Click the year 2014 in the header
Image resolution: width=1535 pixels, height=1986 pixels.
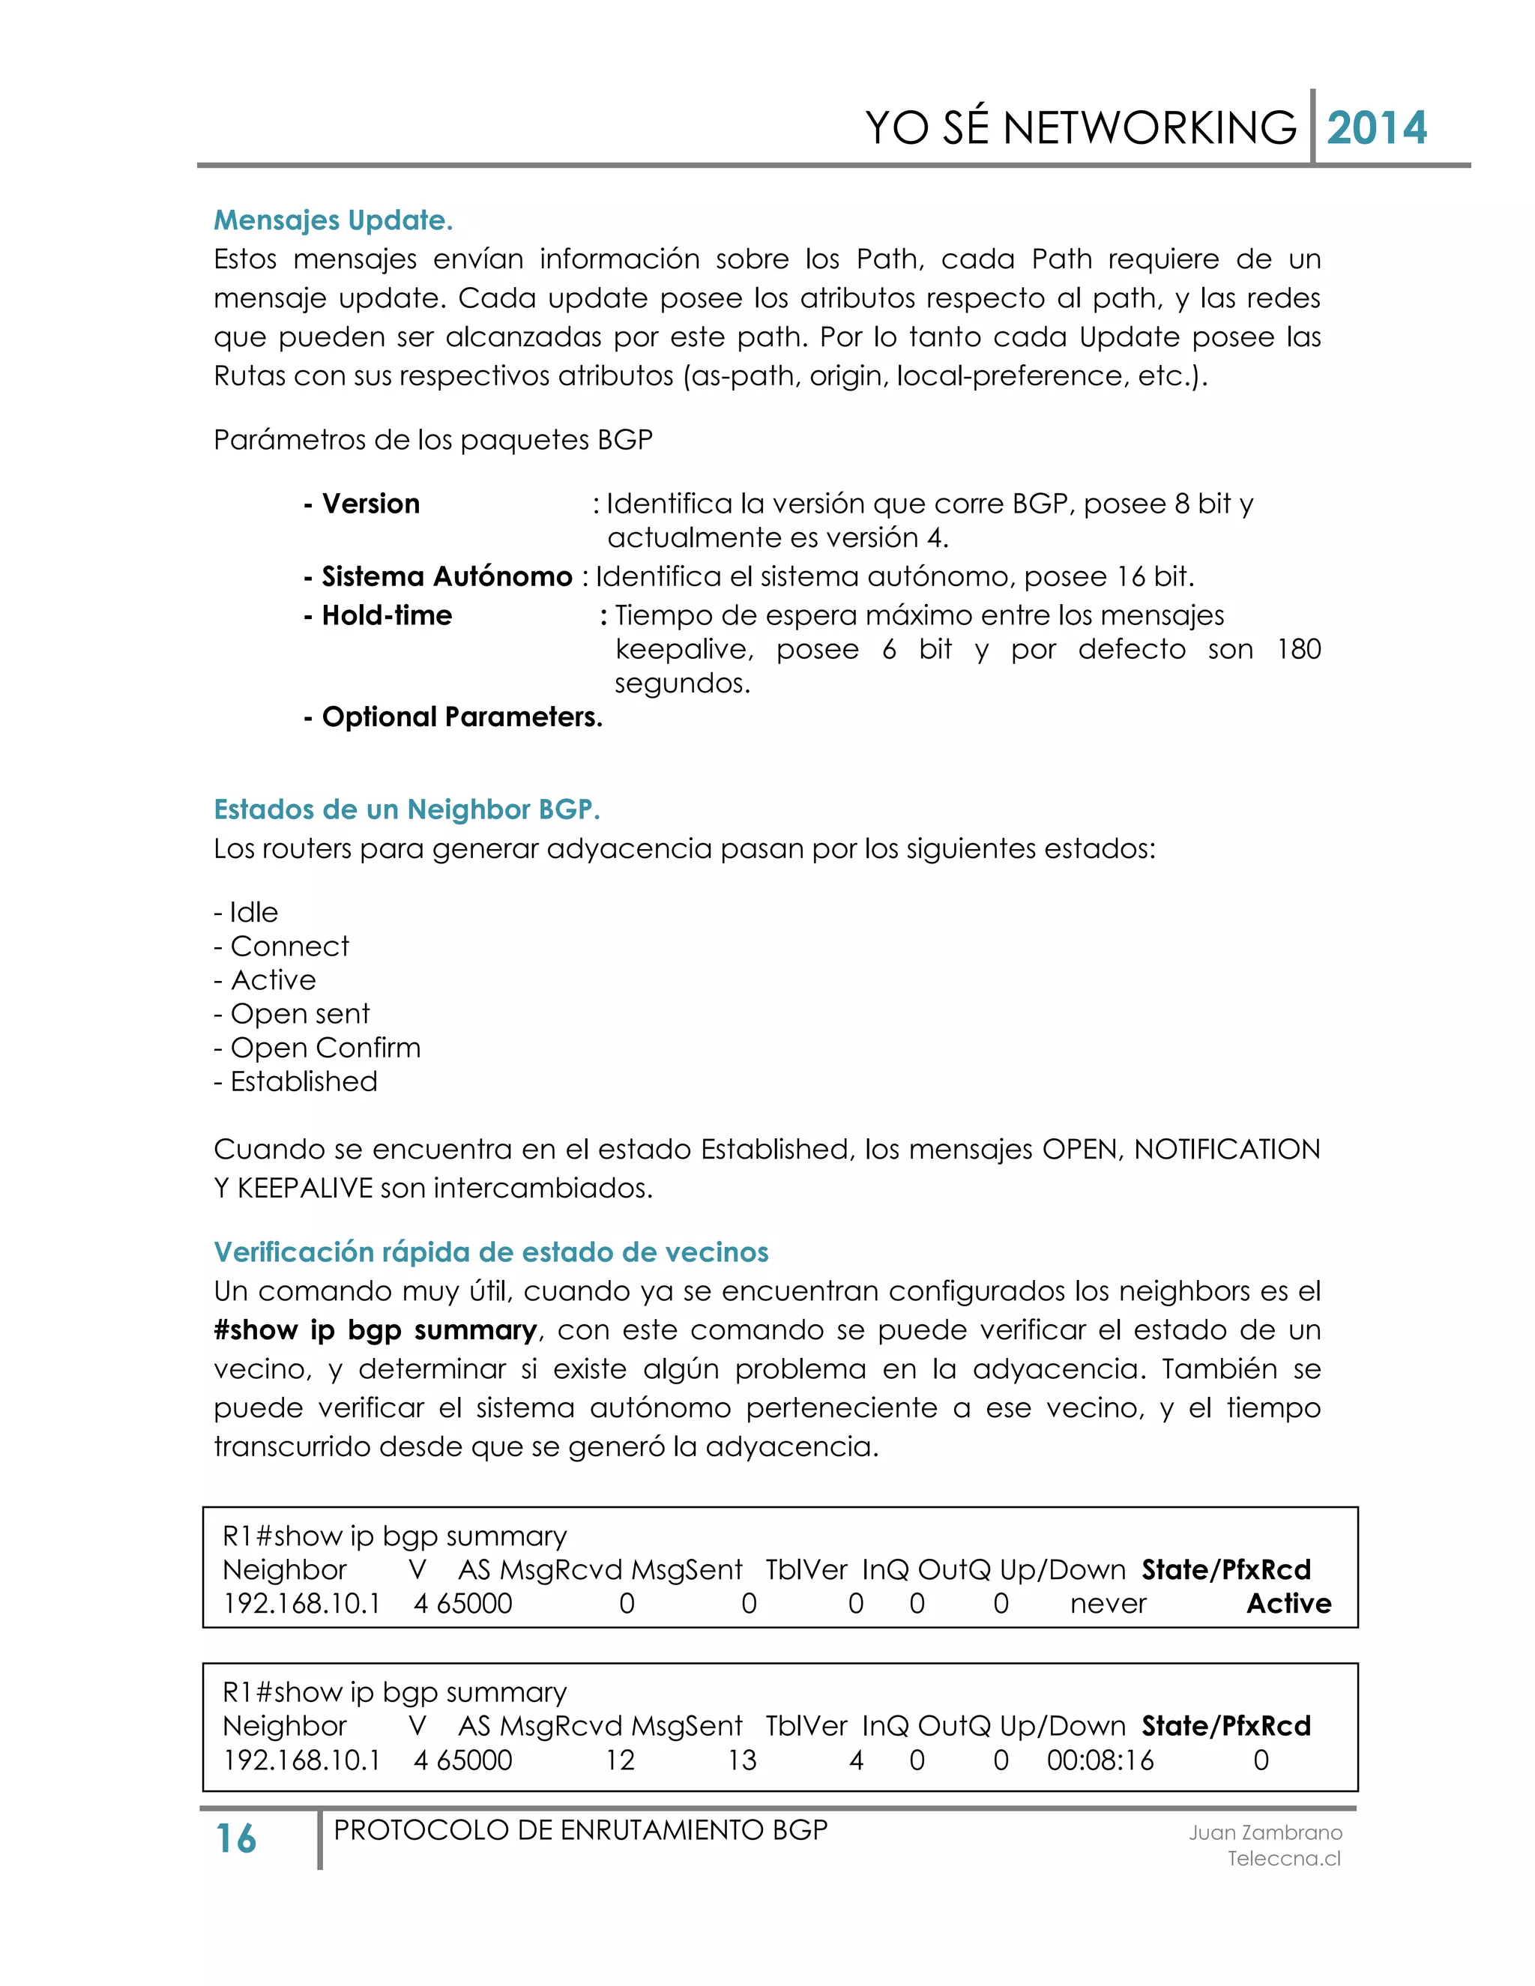pos(1376,128)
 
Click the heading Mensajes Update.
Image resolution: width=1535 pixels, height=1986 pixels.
pos(333,220)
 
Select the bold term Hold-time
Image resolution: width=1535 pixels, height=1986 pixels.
pos(387,615)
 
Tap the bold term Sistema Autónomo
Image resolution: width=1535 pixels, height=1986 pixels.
pos(447,576)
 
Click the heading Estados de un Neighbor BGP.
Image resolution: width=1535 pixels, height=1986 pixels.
pos(406,809)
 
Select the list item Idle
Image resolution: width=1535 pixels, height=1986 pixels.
pos(253,912)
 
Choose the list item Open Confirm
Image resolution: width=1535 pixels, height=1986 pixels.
pos(325,1048)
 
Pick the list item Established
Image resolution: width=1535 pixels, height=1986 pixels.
pos(303,1081)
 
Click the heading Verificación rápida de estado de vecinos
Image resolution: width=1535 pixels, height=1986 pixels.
pos(491,1252)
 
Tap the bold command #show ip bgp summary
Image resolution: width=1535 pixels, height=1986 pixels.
pos(376,1330)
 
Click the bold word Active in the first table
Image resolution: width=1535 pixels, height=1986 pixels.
pos(1288,1603)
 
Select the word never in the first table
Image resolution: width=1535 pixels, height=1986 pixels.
pos(1108,1604)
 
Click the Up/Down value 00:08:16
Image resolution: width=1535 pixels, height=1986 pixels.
pos(1100,1760)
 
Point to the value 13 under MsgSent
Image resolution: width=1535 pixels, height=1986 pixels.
pos(741,1760)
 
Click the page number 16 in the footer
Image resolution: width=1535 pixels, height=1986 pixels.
pos(235,1838)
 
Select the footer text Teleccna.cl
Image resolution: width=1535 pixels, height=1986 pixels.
pos(1283,1858)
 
